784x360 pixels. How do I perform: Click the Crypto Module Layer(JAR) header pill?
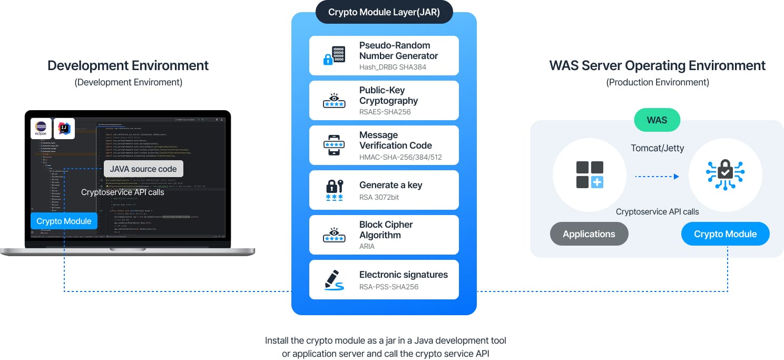384,12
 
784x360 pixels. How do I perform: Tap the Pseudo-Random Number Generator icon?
334,56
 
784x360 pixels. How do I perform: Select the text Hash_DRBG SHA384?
393,67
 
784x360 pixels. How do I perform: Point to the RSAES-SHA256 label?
385,112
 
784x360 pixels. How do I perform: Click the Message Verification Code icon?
334,145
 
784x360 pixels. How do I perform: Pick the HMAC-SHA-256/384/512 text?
400,157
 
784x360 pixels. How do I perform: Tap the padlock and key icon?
334,190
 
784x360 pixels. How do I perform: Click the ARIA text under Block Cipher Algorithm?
367,246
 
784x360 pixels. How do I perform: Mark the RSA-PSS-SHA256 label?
389,287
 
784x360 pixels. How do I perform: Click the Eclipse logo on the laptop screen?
41,129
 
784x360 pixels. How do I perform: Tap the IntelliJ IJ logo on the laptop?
64,129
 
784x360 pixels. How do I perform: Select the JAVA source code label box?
143,169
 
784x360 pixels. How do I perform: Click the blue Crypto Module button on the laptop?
64,221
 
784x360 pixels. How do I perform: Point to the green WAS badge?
656,120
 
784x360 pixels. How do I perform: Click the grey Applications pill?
589,234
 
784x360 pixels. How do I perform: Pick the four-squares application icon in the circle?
590,174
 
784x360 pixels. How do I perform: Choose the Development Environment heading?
128,65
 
